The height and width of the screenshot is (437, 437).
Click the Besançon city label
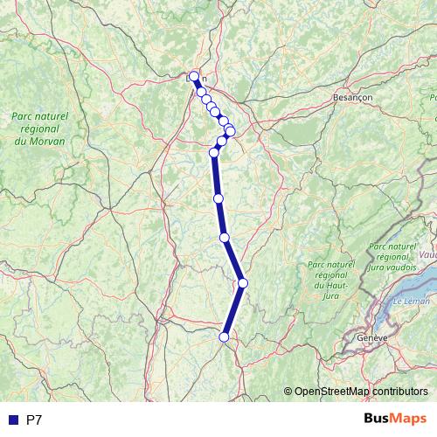tap(353, 99)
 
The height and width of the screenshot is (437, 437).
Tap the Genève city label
tap(371, 336)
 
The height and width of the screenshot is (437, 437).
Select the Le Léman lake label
tap(406, 302)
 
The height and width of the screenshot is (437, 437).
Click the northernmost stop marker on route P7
tap(194, 76)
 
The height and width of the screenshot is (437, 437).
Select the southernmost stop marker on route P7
tap(225, 336)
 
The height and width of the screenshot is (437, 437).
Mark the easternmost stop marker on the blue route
tap(243, 282)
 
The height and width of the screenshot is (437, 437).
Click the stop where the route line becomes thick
tap(214, 153)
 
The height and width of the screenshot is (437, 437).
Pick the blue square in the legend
tap(12, 420)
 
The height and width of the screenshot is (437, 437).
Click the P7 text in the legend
tap(34, 420)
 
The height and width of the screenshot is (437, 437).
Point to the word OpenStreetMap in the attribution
tap(331, 391)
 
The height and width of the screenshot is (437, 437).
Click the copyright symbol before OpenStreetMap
tap(289, 391)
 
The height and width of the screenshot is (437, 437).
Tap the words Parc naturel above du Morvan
tap(39, 115)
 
